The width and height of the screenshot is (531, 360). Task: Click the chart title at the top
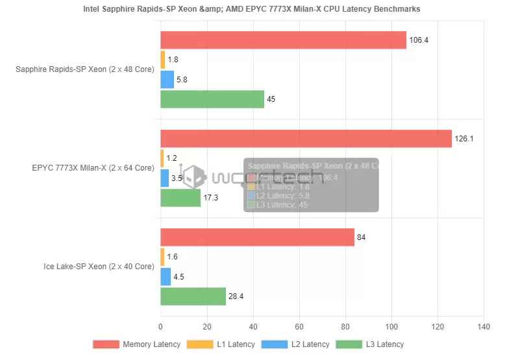coord(251,9)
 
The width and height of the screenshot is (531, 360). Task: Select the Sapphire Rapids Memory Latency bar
coord(283,40)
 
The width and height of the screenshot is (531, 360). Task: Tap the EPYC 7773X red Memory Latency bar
coord(306,139)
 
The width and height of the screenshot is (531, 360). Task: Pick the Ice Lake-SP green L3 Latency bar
coord(193,296)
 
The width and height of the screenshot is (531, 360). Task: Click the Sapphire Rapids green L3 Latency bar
coord(212,99)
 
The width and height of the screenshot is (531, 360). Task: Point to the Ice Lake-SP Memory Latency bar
coord(257,237)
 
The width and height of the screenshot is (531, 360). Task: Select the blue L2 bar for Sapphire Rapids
coord(167,80)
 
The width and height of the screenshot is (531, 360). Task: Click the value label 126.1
coord(463,139)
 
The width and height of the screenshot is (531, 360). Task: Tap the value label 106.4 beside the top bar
coord(419,40)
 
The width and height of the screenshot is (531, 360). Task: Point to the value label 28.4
coord(236,297)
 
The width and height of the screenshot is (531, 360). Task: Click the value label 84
coord(361,237)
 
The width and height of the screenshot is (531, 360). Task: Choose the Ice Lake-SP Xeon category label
coord(99,267)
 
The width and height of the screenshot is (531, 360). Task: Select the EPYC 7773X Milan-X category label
coord(93,168)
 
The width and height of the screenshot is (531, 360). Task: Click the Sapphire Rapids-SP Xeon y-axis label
coord(84,69)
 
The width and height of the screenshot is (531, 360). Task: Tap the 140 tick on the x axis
coord(483,327)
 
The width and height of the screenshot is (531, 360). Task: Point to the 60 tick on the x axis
coord(299,327)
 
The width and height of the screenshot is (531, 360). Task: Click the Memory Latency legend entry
coord(136,344)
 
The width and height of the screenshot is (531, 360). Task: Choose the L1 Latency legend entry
coord(221,344)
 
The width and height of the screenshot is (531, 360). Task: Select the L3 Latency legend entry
coord(369,344)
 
